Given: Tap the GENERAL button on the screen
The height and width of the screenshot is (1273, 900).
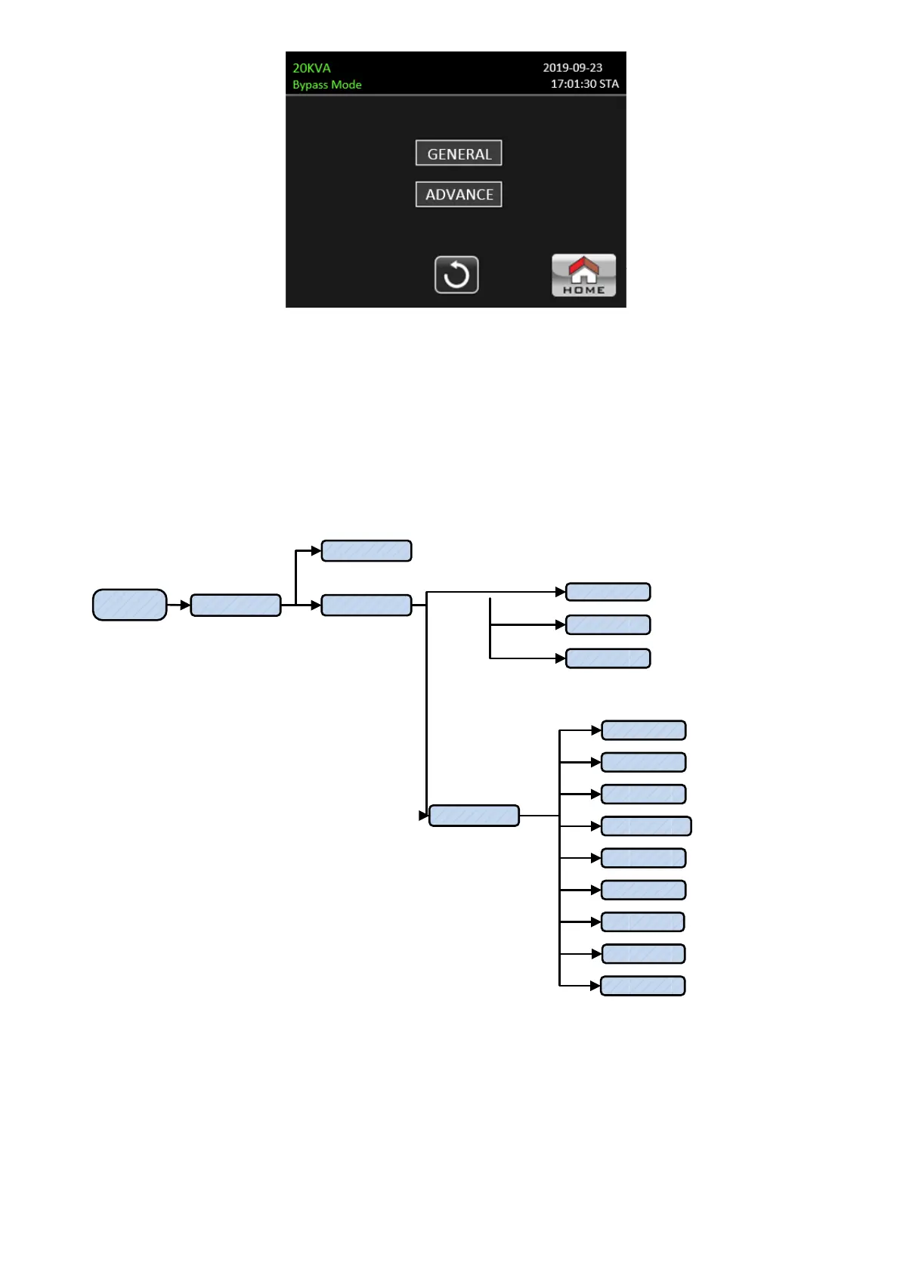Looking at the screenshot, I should (x=459, y=153).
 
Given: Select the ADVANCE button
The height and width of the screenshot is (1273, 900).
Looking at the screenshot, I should (x=459, y=194).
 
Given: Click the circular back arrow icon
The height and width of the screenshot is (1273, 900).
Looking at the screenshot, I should (x=456, y=274).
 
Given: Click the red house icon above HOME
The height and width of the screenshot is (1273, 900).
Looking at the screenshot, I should (x=583, y=268).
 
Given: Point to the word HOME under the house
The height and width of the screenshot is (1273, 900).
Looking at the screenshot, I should (x=583, y=290).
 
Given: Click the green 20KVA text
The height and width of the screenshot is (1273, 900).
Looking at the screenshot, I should (x=311, y=68).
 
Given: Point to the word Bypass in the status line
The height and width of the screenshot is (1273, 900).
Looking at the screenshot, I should (x=310, y=85).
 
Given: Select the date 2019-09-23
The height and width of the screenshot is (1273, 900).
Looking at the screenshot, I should (x=572, y=68).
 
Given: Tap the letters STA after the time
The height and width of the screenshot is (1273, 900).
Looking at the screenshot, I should (x=608, y=84).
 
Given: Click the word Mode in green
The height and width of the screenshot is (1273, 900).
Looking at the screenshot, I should (x=346, y=85).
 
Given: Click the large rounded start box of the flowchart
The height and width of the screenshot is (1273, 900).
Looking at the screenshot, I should (x=129, y=605).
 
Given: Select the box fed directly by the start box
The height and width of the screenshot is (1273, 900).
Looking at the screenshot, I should (x=235, y=605).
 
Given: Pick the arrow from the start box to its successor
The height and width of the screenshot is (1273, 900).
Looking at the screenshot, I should (x=178, y=605).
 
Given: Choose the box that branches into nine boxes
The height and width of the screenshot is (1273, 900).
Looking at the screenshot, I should (x=474, y=816).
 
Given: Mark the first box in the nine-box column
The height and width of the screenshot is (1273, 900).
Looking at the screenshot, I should (x=643, y=730).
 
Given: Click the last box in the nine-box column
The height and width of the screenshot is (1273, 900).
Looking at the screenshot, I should (x=642, y=986).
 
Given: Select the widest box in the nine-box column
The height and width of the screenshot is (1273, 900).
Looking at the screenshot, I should (x=646, y=826).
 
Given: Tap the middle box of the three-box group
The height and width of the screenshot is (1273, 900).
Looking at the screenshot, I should (x=608, y=625).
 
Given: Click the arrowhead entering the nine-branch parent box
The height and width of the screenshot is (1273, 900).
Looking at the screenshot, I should (x=424, y=816).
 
